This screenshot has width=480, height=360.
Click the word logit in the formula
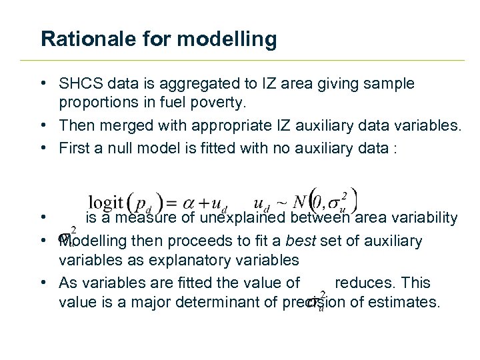(107, 202)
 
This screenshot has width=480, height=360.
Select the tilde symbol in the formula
(283, 202)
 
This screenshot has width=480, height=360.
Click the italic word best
(303, 241)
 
